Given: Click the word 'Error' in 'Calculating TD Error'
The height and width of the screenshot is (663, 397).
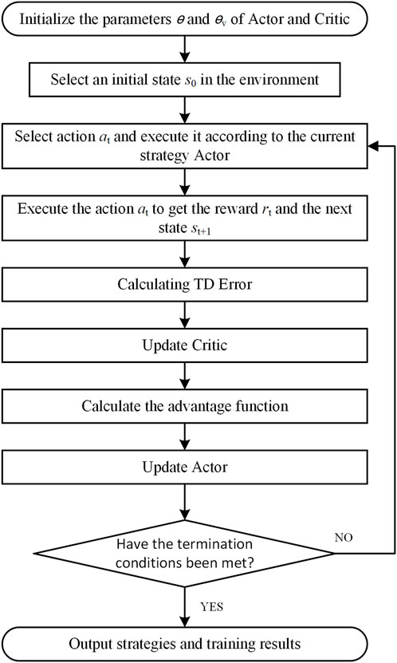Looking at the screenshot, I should tap(235, 284).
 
